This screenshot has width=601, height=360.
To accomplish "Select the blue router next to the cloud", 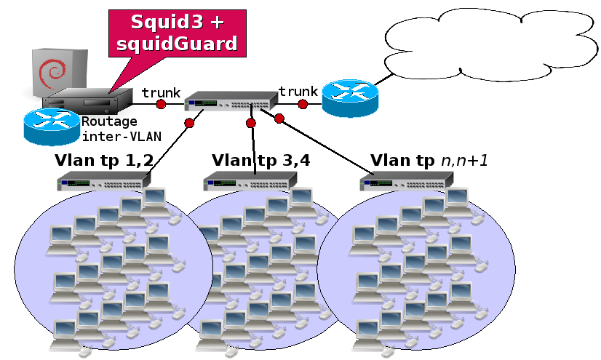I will (351, 98).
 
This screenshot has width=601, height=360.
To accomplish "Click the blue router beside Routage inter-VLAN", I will (51, 125).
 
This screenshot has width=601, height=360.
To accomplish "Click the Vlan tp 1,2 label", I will (103, 160).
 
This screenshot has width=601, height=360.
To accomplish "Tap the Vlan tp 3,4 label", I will (260, 160).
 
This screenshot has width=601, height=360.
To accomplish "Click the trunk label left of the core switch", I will (161, 92).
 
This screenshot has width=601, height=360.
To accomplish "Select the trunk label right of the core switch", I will (298, 91).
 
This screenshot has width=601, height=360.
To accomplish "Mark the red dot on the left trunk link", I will (161, 105).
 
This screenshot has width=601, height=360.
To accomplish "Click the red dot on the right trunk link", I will (302, 105).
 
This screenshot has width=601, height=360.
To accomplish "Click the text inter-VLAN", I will (121, 135).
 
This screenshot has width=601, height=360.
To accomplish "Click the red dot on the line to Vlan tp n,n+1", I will (279, 118).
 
